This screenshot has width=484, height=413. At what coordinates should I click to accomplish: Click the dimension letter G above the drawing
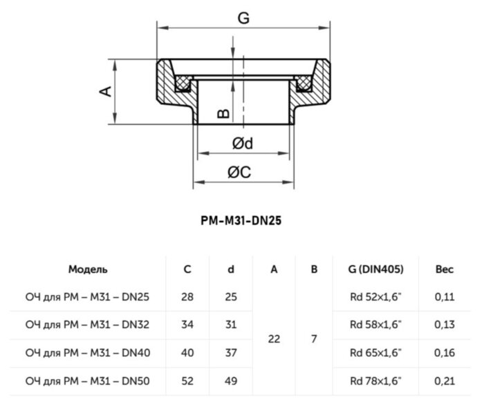[x=243, y=19]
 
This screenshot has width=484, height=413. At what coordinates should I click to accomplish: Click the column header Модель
[x=88, y=269]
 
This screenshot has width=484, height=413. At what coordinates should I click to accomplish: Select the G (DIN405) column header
[x=377, y=269]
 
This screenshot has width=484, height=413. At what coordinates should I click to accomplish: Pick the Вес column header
[x=445, y=269]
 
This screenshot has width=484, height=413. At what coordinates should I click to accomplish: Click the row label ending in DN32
[x=88, y=325]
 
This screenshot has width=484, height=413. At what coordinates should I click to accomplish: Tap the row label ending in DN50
[x=88, y=381]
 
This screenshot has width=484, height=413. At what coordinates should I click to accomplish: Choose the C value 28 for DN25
[x=187, y=297]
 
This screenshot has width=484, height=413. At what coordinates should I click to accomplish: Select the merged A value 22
[x=274, y=339]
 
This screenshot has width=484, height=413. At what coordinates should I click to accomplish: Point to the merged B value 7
[x=314, y=339]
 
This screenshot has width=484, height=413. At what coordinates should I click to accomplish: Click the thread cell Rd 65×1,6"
[x=376, y=353]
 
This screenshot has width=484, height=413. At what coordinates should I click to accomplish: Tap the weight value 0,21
[x=445, y=381]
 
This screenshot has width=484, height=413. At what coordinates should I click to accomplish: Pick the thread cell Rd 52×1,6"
[x=376, y=297]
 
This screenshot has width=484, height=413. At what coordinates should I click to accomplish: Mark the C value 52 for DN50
[x=187, y=381]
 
